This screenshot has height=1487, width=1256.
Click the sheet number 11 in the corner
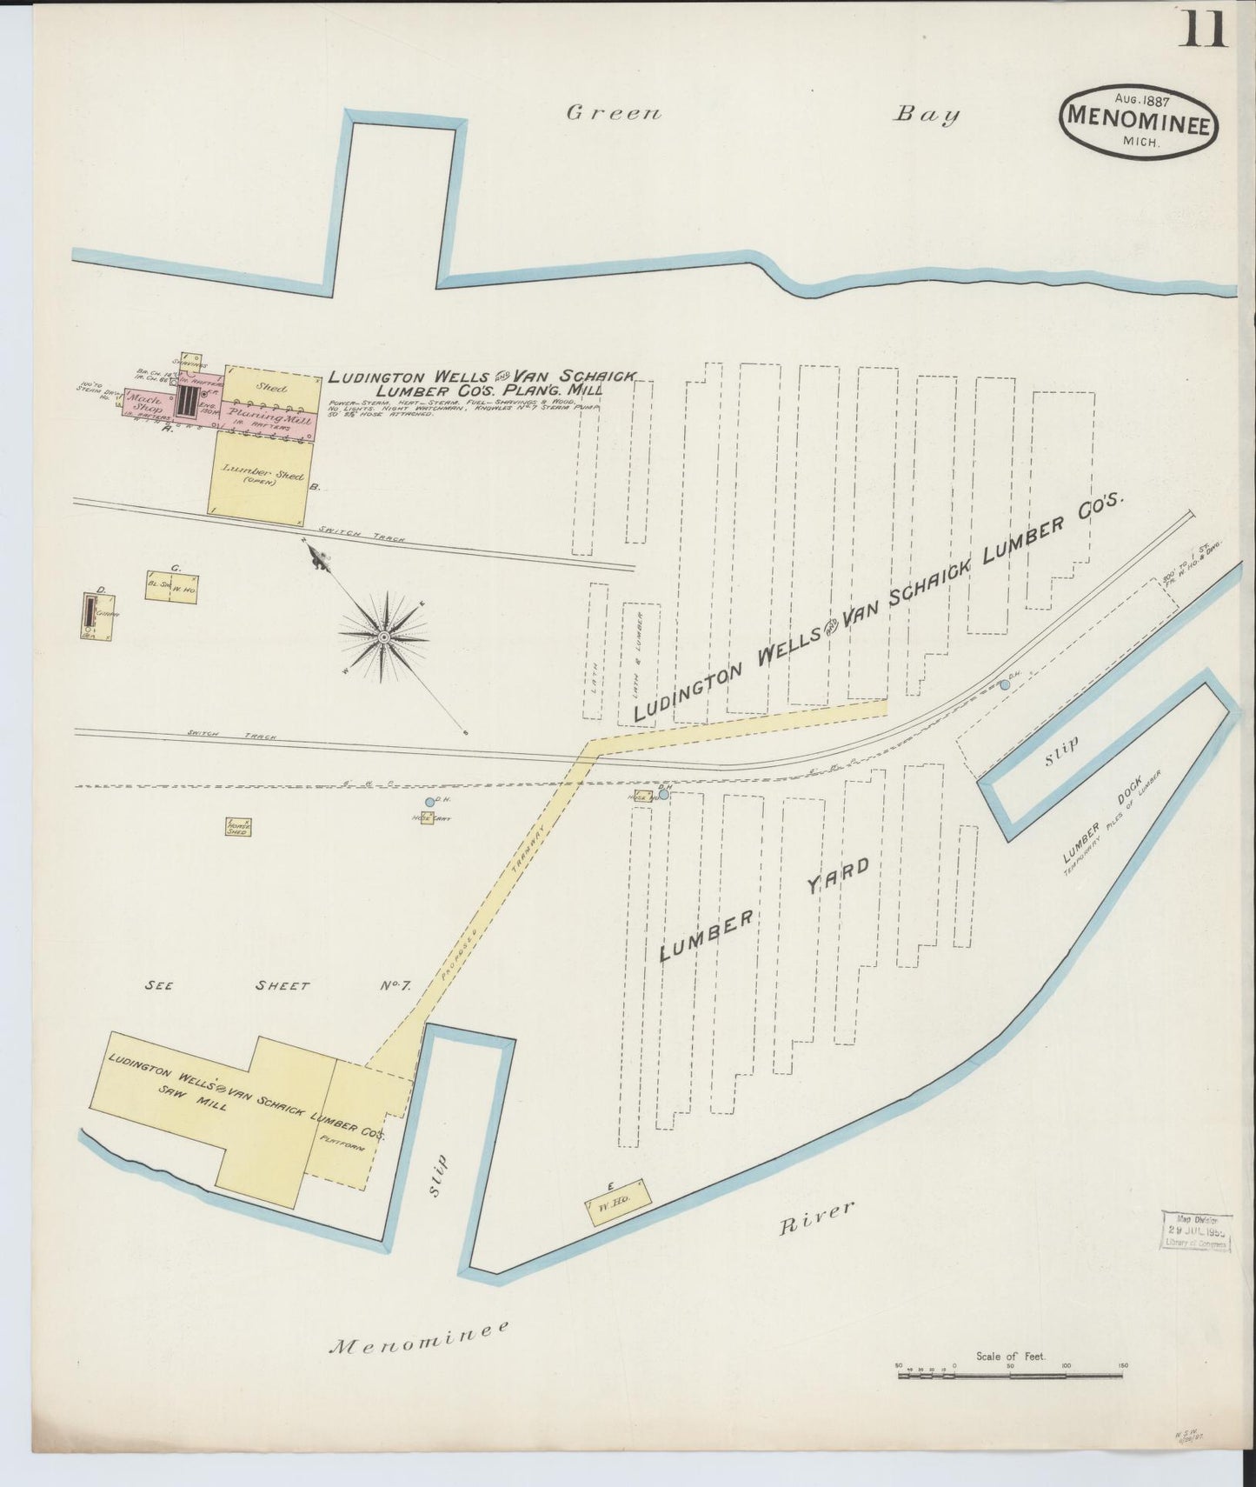[x=1203, y=29]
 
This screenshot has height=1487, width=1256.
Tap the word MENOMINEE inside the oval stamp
[x=1138, y=123]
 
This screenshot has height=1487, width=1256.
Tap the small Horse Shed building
[x=237, y=827]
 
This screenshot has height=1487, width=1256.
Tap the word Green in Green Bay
[x=614, y=113]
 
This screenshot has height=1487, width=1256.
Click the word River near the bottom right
[x=817, y=1217]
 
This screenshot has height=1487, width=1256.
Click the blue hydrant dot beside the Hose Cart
[x=429, y=802]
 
